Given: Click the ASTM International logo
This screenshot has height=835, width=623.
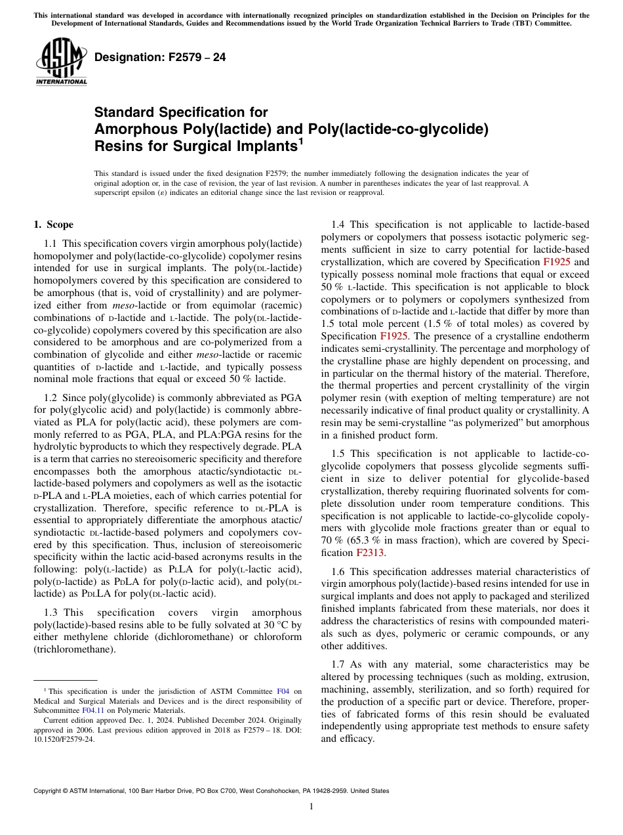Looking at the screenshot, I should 61,62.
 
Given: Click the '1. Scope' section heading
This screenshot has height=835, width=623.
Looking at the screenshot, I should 54,225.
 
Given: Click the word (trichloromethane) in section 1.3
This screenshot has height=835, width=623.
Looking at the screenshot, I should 73,649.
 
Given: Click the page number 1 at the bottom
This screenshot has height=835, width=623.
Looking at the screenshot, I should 311,807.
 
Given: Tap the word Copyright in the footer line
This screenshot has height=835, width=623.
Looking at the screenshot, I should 49,791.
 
